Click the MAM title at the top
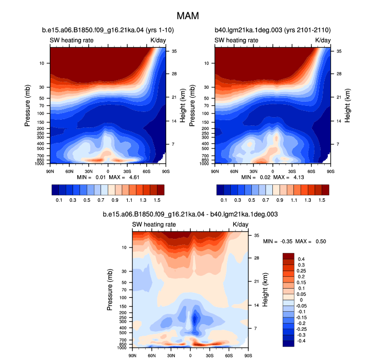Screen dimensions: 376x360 [x=188, y=16]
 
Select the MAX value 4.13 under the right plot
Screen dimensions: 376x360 [x=299, y=177]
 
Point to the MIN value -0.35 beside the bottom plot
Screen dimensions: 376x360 [x=286, y=241]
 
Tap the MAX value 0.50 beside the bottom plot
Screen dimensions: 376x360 [x=321, y=241]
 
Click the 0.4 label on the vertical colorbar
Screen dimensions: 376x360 [x=301, y=259]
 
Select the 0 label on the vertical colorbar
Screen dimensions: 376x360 [x=301, y=300]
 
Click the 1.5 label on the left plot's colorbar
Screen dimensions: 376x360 [x=157, y=200]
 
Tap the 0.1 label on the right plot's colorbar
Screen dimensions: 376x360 [x=224, y=200]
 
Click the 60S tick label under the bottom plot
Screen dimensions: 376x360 [x=229, y=356]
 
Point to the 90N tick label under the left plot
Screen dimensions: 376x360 [x=50, y=172]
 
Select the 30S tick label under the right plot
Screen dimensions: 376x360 [x=292, y=172]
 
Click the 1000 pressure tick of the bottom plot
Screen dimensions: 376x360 [x=122, y=348]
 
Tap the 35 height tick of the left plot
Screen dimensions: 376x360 [x=174, y=51]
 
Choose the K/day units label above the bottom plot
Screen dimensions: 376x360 [x=241, y=224]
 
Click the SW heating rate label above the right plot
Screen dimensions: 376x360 [x=236, y=41]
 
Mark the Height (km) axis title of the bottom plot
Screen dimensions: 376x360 [x=265, y=290]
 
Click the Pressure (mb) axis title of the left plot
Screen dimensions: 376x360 [x=27, y=105]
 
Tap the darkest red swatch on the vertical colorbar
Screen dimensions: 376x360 [x=288, y=256]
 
